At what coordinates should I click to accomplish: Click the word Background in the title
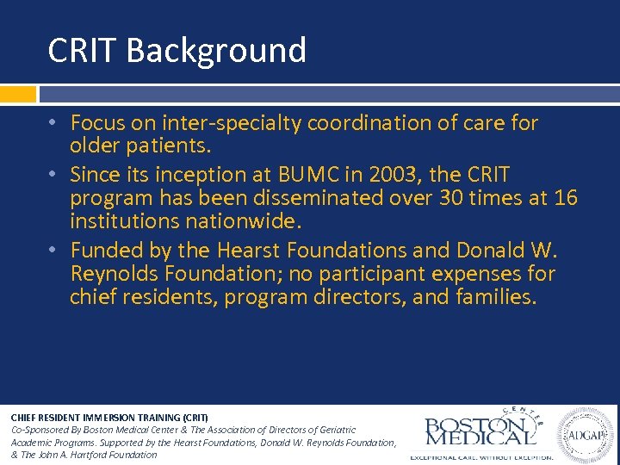(216, 51)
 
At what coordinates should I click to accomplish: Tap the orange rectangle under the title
(18, 94)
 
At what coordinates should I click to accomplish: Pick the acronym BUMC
(307, 175)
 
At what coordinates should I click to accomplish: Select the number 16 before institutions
(566, 199)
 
